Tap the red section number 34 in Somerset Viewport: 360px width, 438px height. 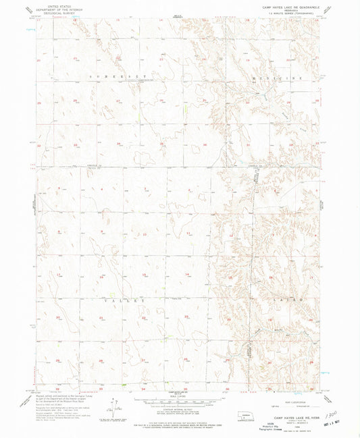[x=119, y=144]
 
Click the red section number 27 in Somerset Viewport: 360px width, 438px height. [x=119, y=101]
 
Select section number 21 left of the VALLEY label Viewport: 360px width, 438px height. [x=101, y=317]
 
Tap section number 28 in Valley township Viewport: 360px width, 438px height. [x=101, y=361]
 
